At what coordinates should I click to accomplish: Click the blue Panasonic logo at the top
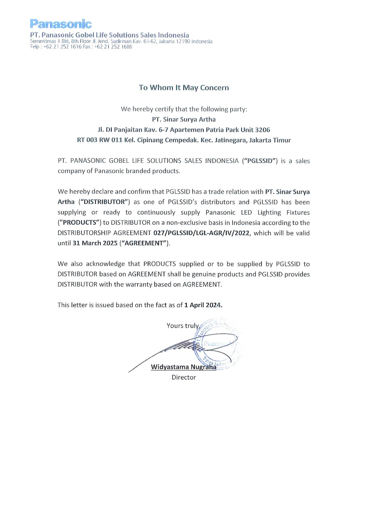click(61, 24)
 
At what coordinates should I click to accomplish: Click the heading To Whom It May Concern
click(184, 88)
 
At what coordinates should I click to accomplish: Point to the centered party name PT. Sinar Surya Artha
click(184, 119)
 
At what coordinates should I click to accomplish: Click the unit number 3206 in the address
click(262, 130)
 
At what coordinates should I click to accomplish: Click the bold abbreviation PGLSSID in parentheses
click(260, 161)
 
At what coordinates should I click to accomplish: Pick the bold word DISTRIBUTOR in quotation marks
click(104, 202)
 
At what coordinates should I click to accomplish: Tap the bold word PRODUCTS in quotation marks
click(80, 223)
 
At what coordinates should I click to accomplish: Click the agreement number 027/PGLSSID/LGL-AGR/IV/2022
click(201, 233)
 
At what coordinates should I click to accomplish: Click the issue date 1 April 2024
click(203, 305)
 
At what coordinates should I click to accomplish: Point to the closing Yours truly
click(182, 326)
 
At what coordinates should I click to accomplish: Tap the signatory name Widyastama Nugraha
click(184, 367)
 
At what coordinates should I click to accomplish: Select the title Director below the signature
click(184, 377)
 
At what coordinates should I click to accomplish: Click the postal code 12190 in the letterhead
click(183, 42)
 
